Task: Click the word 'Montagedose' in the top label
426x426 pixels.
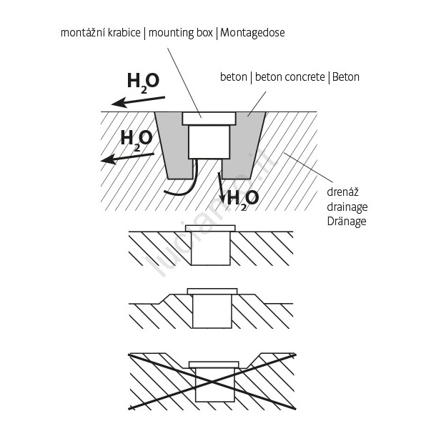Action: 252,33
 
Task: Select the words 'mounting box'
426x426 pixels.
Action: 180,33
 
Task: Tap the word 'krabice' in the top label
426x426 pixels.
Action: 124,33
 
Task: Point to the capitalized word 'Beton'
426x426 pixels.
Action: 345,77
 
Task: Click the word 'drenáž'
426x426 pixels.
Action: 343,192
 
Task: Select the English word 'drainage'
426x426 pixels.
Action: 347,207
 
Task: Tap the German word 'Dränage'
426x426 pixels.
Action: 347,222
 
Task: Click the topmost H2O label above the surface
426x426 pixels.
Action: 143,83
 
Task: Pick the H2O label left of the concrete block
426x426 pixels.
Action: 137,139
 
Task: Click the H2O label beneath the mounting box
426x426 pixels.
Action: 242,199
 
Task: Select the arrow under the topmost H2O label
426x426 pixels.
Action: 138,101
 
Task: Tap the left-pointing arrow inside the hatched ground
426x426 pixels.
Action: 127,158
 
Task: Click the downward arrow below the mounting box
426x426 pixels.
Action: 221,187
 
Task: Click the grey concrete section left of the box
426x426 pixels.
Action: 172,144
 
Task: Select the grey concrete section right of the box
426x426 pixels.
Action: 244,144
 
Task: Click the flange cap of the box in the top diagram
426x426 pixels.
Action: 209,119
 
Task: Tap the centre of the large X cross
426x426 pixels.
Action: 212,382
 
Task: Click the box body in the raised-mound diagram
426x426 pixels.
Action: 212,311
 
